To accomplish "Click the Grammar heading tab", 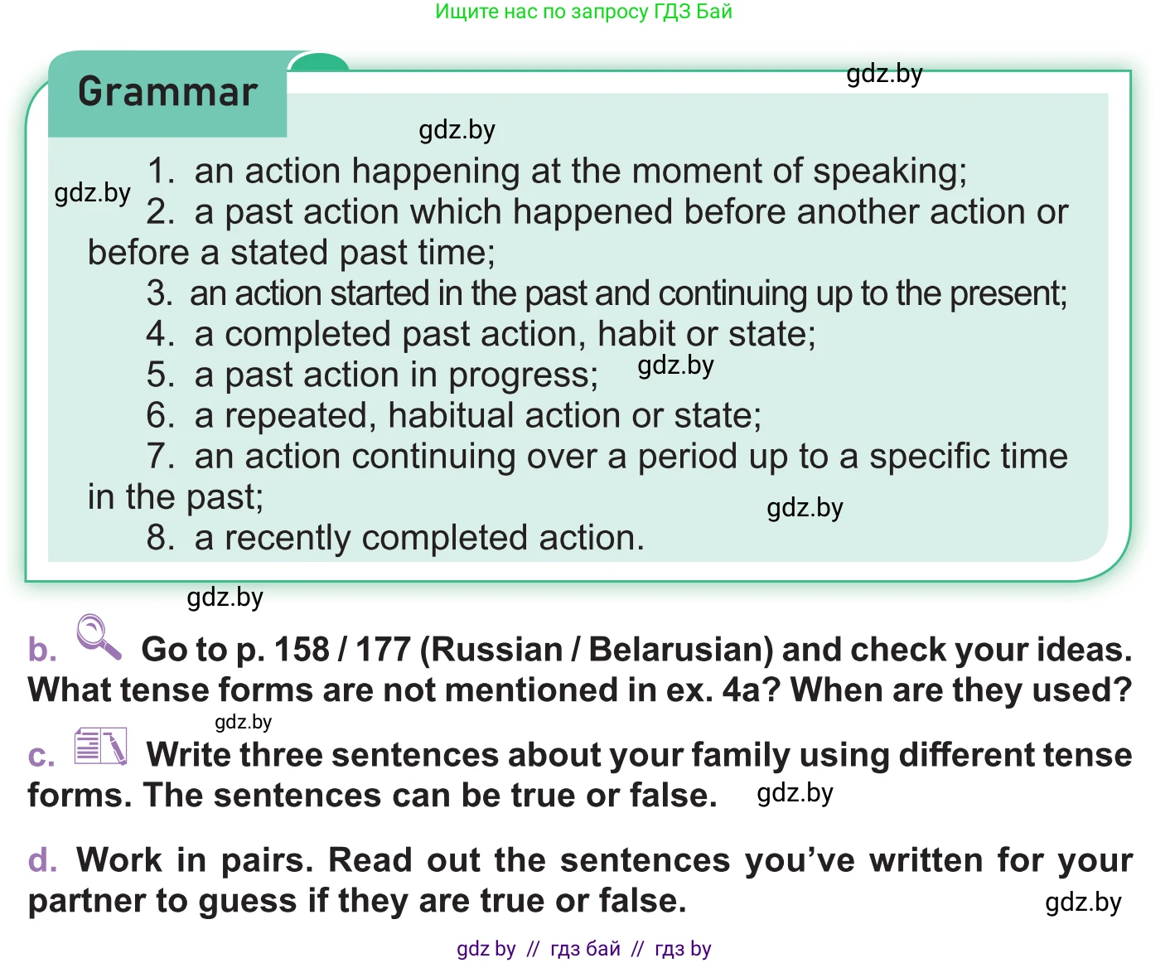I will click(x=167, y=93).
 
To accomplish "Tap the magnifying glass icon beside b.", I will click(x=98, y=636).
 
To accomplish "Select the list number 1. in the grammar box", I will click(x=161, y=172).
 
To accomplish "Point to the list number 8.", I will click(x=161, y=539).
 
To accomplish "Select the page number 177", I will click(x=383, y=650).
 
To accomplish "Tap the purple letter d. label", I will click(x=42, y=860).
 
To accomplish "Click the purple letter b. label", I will click(x=42, y=650).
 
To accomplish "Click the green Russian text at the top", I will click(x=583, y=12).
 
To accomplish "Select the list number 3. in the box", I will click(x=159, y=294).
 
